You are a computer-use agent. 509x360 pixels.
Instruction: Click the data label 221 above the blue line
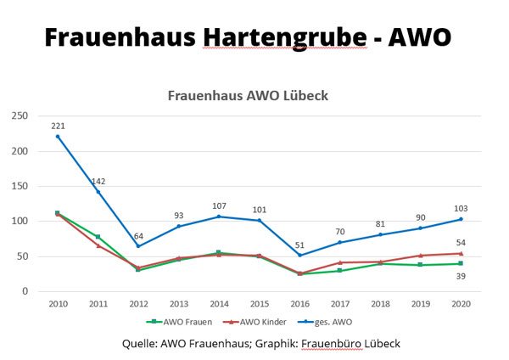tap(58, 126)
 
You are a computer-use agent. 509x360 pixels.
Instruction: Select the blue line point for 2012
tap(137, 246)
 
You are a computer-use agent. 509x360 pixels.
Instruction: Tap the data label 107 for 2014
tap(218, 205)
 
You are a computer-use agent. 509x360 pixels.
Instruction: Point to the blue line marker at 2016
tap(299, 255)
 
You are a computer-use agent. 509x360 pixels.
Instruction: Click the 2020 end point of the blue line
tap(461, 219)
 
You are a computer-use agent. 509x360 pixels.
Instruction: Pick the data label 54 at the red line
tap(461, 243)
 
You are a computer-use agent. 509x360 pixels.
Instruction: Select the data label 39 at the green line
tap(461, 276)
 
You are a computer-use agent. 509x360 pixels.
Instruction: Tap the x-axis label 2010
tap(57, 302)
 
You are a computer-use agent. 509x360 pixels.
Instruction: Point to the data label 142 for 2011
tap(98, 181)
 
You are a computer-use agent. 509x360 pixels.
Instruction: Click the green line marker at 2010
tap(57, 213)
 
